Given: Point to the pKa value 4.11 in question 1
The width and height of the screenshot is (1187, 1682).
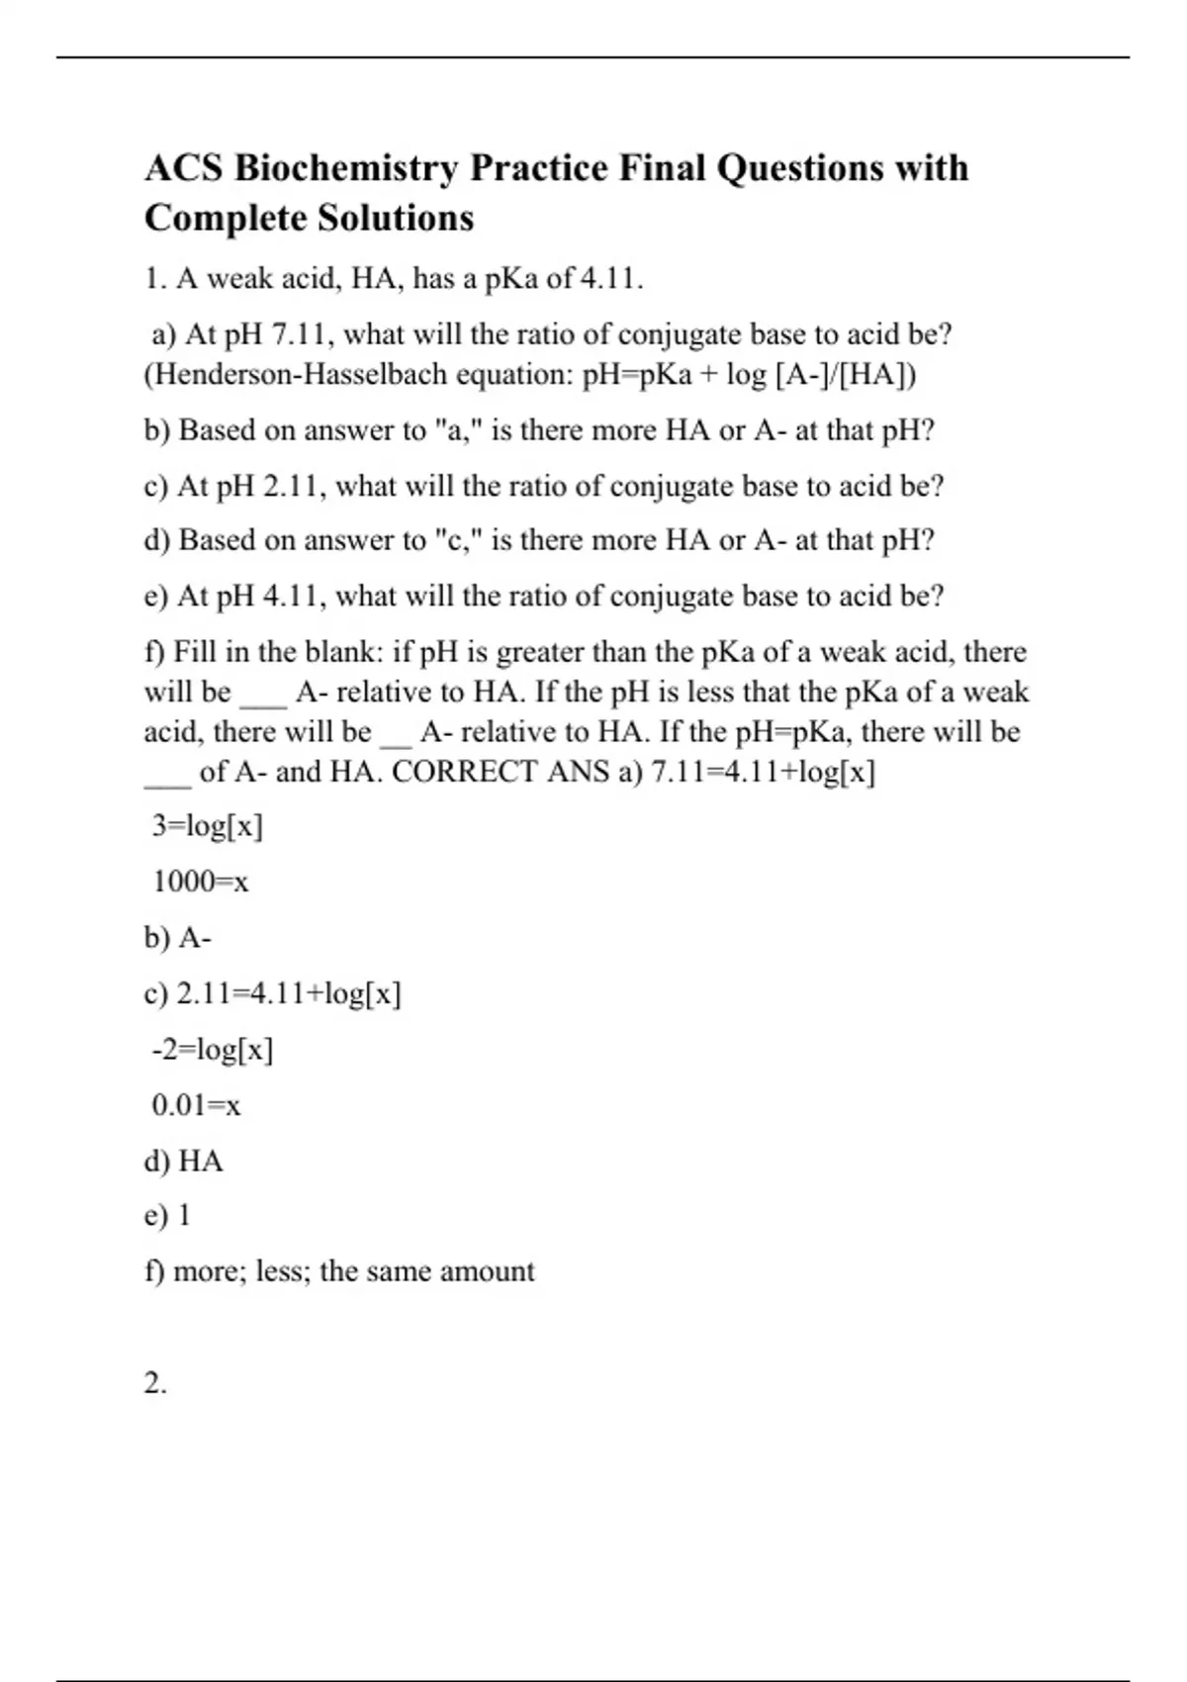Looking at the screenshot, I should point(609,280).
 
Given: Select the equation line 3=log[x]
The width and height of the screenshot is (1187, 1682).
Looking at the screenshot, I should point(207,826).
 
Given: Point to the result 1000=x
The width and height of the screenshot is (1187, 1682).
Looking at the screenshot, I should point(200,882).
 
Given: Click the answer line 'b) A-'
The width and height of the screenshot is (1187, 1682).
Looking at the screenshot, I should point(178,938).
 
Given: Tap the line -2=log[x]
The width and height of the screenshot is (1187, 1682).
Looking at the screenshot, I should point(212,1050).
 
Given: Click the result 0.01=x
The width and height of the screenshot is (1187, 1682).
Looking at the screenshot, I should point(196,1105).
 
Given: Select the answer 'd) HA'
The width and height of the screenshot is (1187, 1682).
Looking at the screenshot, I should point(184,1161).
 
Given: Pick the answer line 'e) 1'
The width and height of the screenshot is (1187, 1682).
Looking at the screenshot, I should point(167,1216).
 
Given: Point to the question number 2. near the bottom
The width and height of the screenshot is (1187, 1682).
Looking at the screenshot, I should point(155,1383).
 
